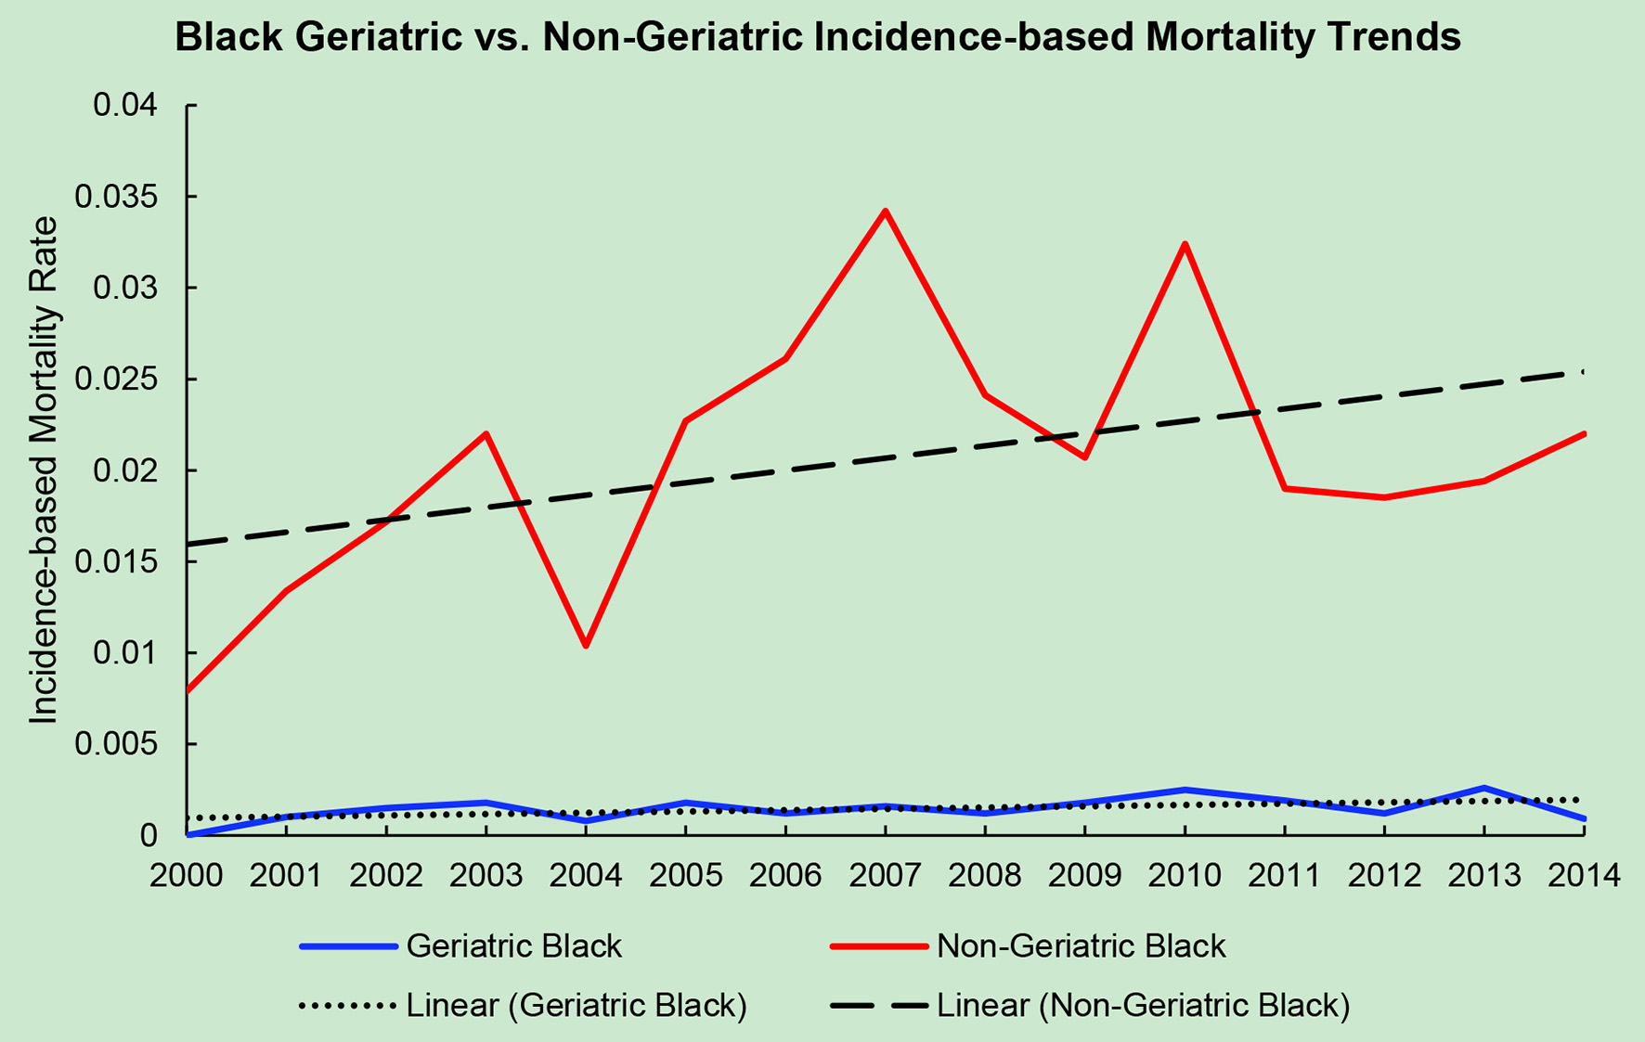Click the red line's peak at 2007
pos(886,212)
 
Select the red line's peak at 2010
pos(1185,244)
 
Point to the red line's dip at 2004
pos(586,646)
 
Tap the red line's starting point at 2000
pos(188,691)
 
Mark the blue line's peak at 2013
pos(1483,788)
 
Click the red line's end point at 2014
pos(1584,433)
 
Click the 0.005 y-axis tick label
pos(124,744)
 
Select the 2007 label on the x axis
pos(886,875)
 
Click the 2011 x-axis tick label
pos(1284,875)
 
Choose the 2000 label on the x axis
pos(188,875)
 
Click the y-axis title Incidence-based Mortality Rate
pos(44,470)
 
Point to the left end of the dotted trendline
pos(188,818)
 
